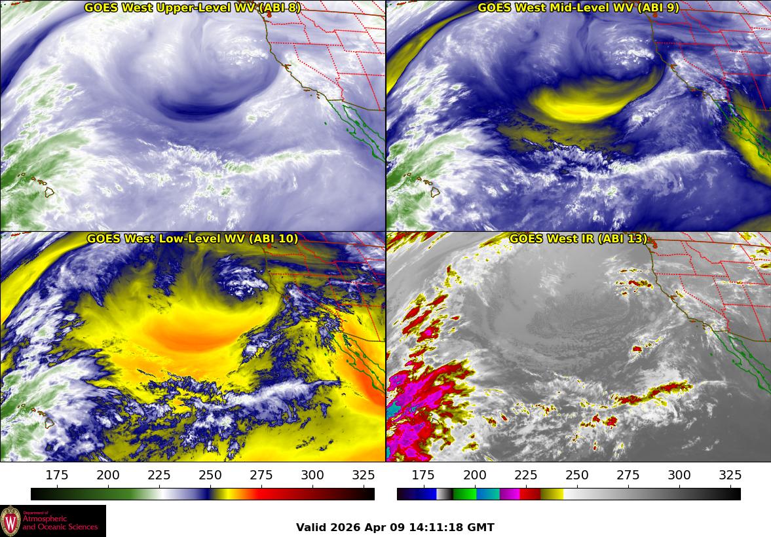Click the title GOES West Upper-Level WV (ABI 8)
pos(193,8)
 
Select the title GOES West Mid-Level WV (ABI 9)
pos(578,8)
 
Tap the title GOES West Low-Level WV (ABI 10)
pos(193,239)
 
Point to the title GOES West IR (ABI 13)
pos(578,239)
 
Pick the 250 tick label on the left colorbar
pos(210,475)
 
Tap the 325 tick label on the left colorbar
pos(364,475)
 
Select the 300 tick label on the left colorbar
pos(312,475)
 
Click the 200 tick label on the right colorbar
pos(474,475)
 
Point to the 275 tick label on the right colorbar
pos(628,475)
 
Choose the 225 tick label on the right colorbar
pos(525,475)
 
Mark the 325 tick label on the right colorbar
pos(730,475)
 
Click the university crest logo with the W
pos(10,521)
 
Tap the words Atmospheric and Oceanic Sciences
pos(60,523)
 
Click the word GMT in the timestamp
pos(480,527)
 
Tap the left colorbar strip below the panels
pos(202,494)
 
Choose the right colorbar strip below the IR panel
pos(569,494)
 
